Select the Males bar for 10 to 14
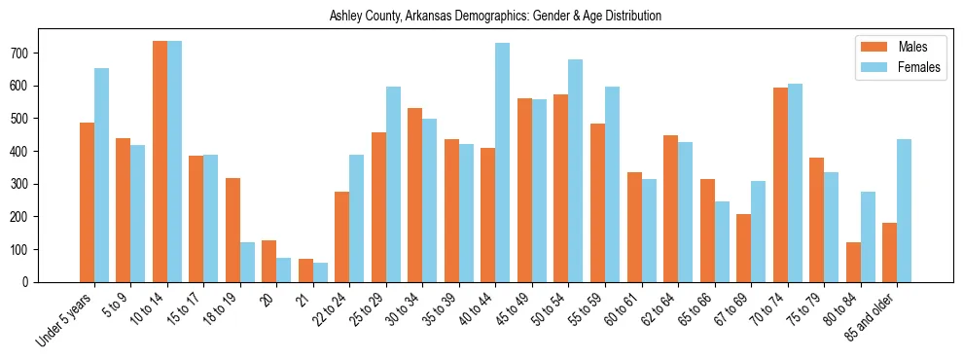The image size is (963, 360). (160, 162)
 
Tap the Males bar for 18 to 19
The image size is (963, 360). (232, 230)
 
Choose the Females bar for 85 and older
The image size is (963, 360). (904, 210)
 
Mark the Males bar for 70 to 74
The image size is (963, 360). (780, 185)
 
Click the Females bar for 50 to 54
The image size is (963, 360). (576, 170)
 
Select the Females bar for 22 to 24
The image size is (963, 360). (357, 218)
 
